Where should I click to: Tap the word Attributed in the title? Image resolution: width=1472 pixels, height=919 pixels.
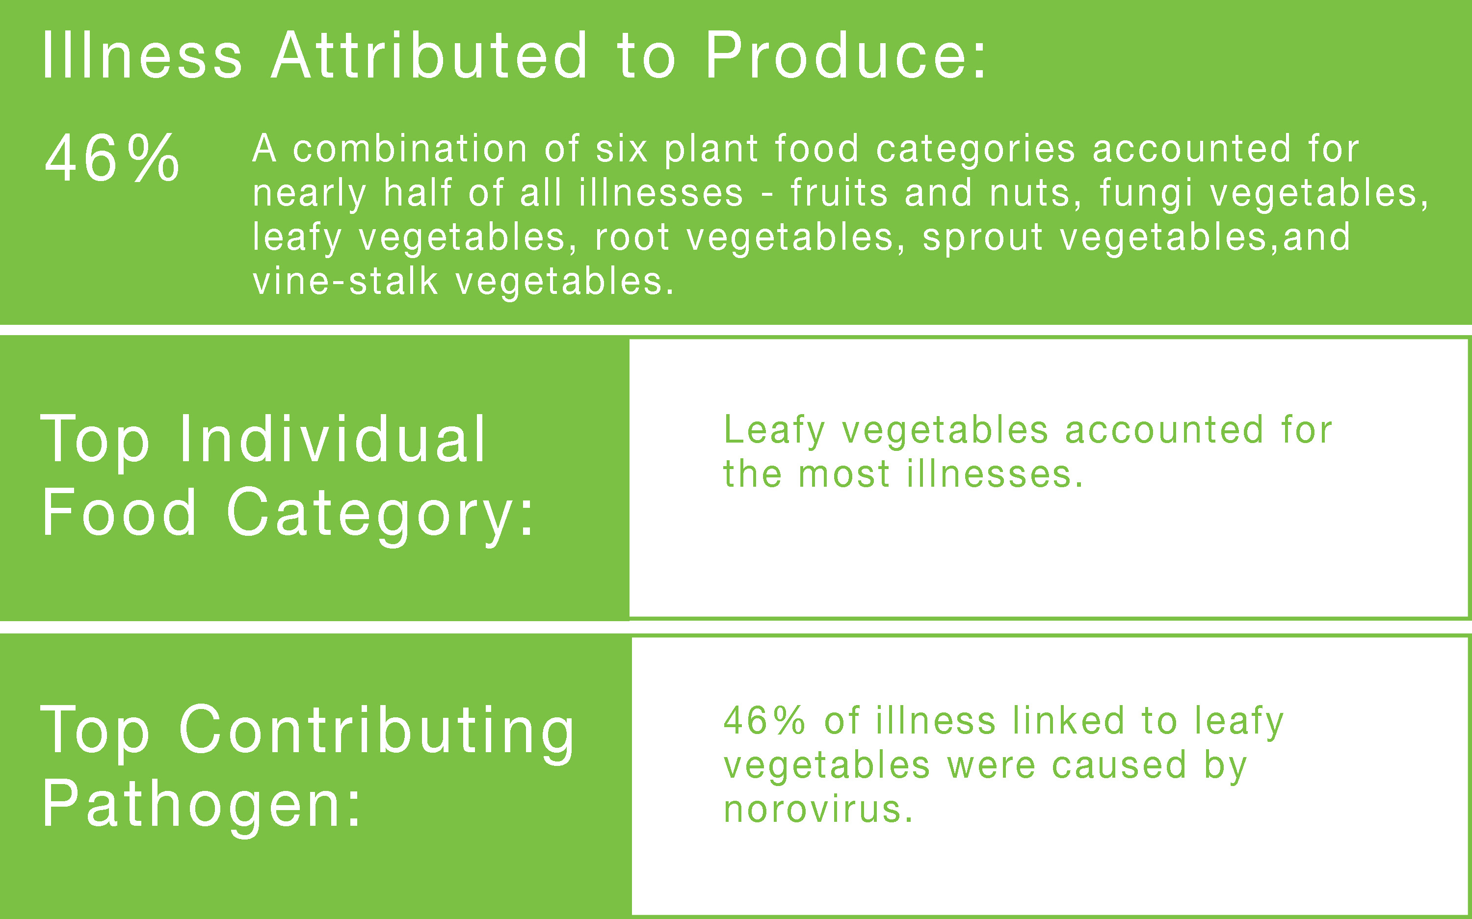[429, 56]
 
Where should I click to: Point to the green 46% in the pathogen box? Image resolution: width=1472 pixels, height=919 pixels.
[764, 721]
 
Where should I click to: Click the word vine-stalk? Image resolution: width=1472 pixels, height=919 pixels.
[344, 282]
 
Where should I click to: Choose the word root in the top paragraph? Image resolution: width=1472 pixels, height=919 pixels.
[632, 237]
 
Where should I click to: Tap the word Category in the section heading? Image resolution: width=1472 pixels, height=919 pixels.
[371, 514]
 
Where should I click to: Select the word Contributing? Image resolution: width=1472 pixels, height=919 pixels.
[376, 731]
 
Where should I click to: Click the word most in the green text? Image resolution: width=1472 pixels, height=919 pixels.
[844, 474]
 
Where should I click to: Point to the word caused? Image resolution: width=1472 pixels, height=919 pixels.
[1119, 765]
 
